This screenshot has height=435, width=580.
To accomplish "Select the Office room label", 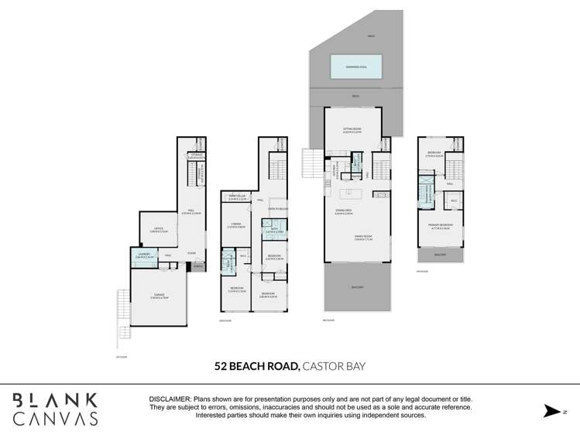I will pos(158,229).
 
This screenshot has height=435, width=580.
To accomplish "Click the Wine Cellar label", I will pos(237,197).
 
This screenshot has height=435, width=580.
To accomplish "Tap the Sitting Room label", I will pos(353,130).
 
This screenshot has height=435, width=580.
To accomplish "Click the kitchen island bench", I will pos(353,192).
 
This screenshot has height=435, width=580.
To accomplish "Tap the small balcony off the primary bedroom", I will pos(440,255).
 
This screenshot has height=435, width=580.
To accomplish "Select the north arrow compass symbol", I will pos(551,410).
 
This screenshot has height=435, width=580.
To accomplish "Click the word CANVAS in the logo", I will pos(56,419).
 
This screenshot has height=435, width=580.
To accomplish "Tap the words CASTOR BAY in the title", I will pos(334,367).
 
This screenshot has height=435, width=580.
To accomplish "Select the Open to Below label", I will pos(278,209).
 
